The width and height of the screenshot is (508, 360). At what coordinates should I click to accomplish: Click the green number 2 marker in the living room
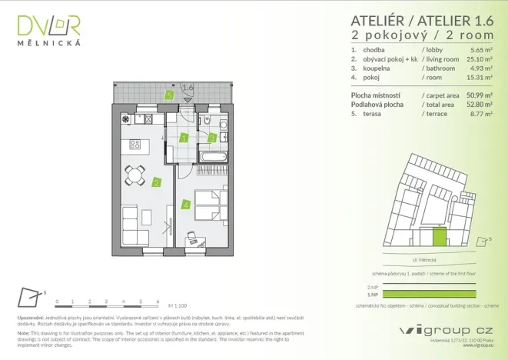(156, 182)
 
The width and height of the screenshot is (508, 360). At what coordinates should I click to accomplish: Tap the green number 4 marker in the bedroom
(185, 205)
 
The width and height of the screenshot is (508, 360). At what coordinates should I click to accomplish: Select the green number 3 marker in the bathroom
(212, 138)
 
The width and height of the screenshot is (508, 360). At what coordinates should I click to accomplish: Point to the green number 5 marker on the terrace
(169, 96)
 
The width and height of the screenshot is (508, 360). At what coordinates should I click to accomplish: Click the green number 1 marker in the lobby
(184, 138)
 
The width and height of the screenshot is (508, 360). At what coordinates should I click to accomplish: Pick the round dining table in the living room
(136, 175)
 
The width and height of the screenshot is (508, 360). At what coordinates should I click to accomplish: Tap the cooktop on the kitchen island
(134, 144)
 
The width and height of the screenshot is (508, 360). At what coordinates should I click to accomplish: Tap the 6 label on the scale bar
(157, 302)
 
